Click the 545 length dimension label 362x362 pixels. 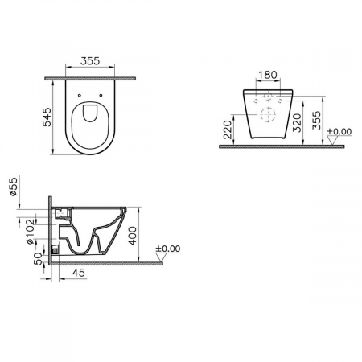[x=47, y=117]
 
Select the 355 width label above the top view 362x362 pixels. [x=90, y=61]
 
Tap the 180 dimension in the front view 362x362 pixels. [x=268, y=75]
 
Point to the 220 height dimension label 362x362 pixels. [x=228, y=130]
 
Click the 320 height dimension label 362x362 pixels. [x=297, y=123]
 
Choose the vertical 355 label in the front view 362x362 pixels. [x=316, y=121]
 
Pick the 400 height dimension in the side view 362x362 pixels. [x=132, y=236]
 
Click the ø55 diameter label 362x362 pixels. [x=14, y=187]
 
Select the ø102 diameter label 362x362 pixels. [x=30, y=231]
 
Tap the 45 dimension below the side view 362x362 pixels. [x=79, y=273]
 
